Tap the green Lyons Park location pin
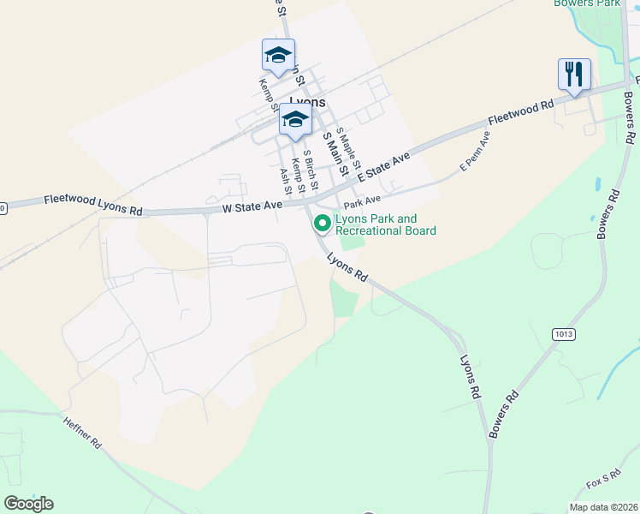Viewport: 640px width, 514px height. click(x=323, y=224)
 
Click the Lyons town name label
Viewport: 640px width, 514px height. click(x=307, y=101)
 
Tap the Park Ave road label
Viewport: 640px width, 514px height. click(x=362, y=202)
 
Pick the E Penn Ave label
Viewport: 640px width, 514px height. click(x=475, y=152)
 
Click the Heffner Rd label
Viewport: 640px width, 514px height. click(x=82, y=433)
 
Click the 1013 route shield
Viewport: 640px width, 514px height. click(x=564, y=334)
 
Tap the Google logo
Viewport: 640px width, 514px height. click(x=28, y=504)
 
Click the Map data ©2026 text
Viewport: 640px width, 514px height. click(x=603, y=507)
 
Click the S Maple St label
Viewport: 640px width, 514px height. click(x=349, y=148)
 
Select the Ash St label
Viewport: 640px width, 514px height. click(x=286, y=181)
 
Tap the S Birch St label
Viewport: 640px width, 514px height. click(x=311, y=170)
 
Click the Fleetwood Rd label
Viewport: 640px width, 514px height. click(x=521, y=111)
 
